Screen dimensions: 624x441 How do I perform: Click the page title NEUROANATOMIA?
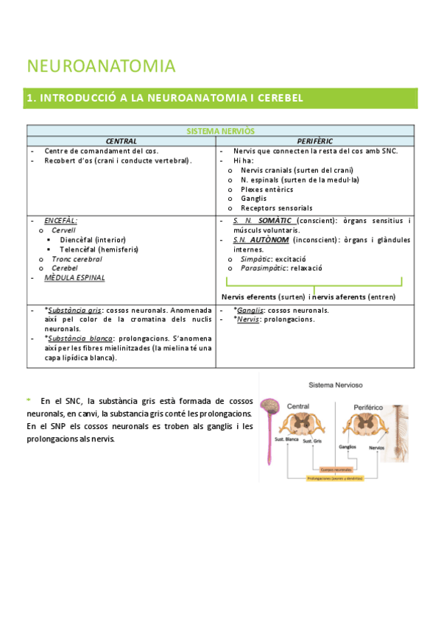click(x=101, y=66)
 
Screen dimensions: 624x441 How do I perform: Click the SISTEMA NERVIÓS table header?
click(x=220, y=130)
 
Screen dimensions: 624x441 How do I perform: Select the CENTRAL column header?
click(x=121, y=141)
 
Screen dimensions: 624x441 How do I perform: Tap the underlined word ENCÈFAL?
click(x=60, y=220)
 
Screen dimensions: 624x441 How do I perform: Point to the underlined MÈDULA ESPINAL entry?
click(x=74, y=278)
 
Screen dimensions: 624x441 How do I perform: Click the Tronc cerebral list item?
click(x=77, y=259)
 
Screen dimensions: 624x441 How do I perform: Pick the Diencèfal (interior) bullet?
click(x=93, y=240)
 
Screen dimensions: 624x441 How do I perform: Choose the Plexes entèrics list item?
click(x=267, y=189)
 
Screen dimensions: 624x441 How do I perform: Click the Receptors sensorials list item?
click(x=276, y=208)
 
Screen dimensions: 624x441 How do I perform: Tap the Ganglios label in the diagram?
click(x=348, y=447)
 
